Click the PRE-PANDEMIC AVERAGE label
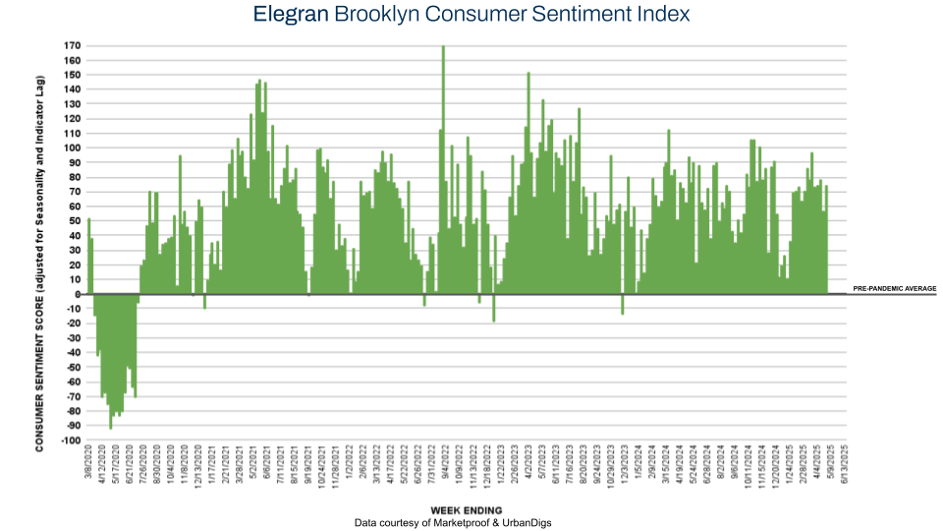click(894, 289)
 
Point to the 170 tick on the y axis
click(72, 46)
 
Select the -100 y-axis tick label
click(70, 441)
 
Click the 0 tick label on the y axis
click(78, 294)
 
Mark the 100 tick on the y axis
click(72, 148)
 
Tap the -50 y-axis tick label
click(72, 367)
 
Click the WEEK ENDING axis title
click(467, 510)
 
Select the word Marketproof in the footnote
click(472, 523)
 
